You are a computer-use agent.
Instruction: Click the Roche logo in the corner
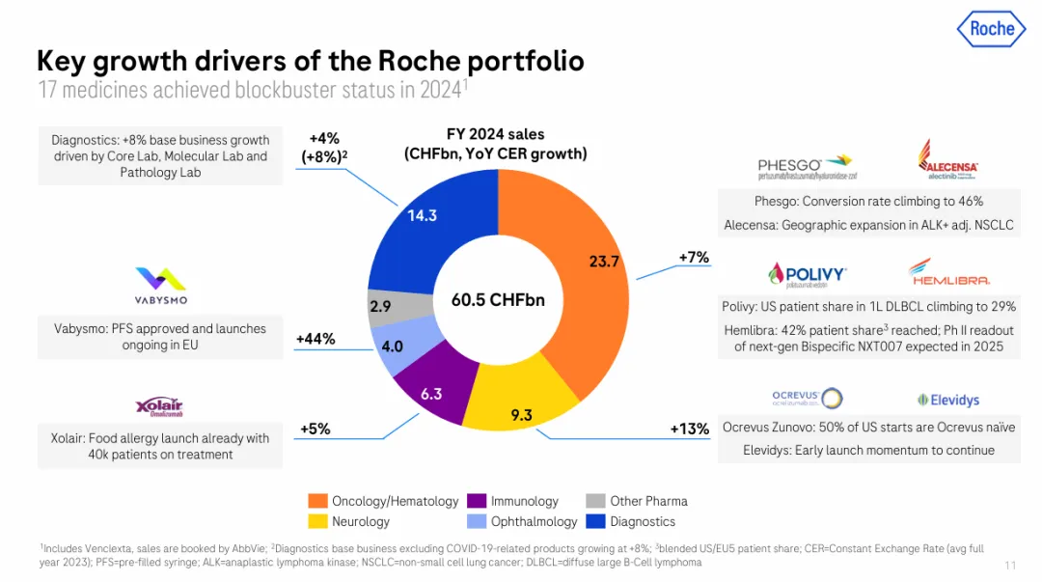991,29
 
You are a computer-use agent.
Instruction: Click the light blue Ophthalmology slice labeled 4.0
393,346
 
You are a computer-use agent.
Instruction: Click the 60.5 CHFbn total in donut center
498,300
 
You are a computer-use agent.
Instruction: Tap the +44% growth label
315,339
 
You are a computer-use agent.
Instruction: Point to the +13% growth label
689,429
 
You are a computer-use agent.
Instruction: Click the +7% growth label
694,257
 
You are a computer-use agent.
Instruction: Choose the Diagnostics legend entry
633,522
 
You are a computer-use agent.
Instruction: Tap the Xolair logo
160,406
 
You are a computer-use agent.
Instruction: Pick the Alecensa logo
947,160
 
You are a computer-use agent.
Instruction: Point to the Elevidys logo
947,399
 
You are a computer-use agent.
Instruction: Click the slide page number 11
1010,566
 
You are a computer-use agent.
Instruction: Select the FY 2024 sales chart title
495,144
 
